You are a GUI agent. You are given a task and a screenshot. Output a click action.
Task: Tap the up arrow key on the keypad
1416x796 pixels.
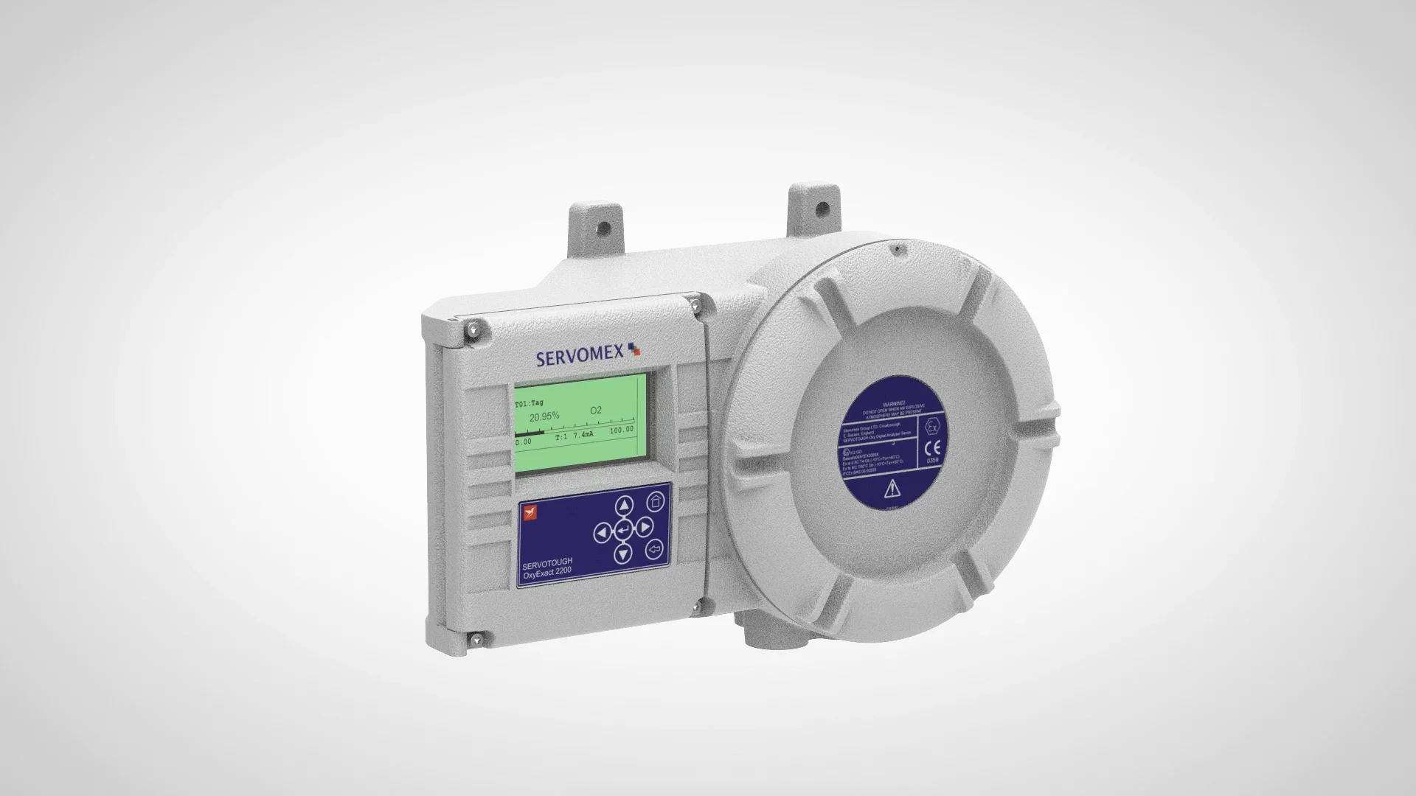pos(624,506)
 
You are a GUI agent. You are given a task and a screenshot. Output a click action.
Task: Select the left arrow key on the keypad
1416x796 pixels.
pos(602,531)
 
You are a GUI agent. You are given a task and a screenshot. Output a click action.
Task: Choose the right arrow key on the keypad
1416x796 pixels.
pos(644,526)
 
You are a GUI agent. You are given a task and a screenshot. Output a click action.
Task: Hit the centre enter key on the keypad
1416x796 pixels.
pos(623,529)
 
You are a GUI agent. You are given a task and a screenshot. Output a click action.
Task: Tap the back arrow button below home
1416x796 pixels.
pos(654,549)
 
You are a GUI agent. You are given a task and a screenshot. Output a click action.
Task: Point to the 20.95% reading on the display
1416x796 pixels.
pos(544,416)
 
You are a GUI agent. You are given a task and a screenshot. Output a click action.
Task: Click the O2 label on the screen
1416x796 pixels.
pos(596,410)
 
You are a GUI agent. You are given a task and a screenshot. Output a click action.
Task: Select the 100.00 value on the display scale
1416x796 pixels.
pos(621,430)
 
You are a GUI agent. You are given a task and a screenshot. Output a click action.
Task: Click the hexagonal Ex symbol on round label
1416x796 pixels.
pos(932,427)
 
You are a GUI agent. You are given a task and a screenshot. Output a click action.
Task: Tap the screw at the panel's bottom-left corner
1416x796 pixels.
pos(479,639)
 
